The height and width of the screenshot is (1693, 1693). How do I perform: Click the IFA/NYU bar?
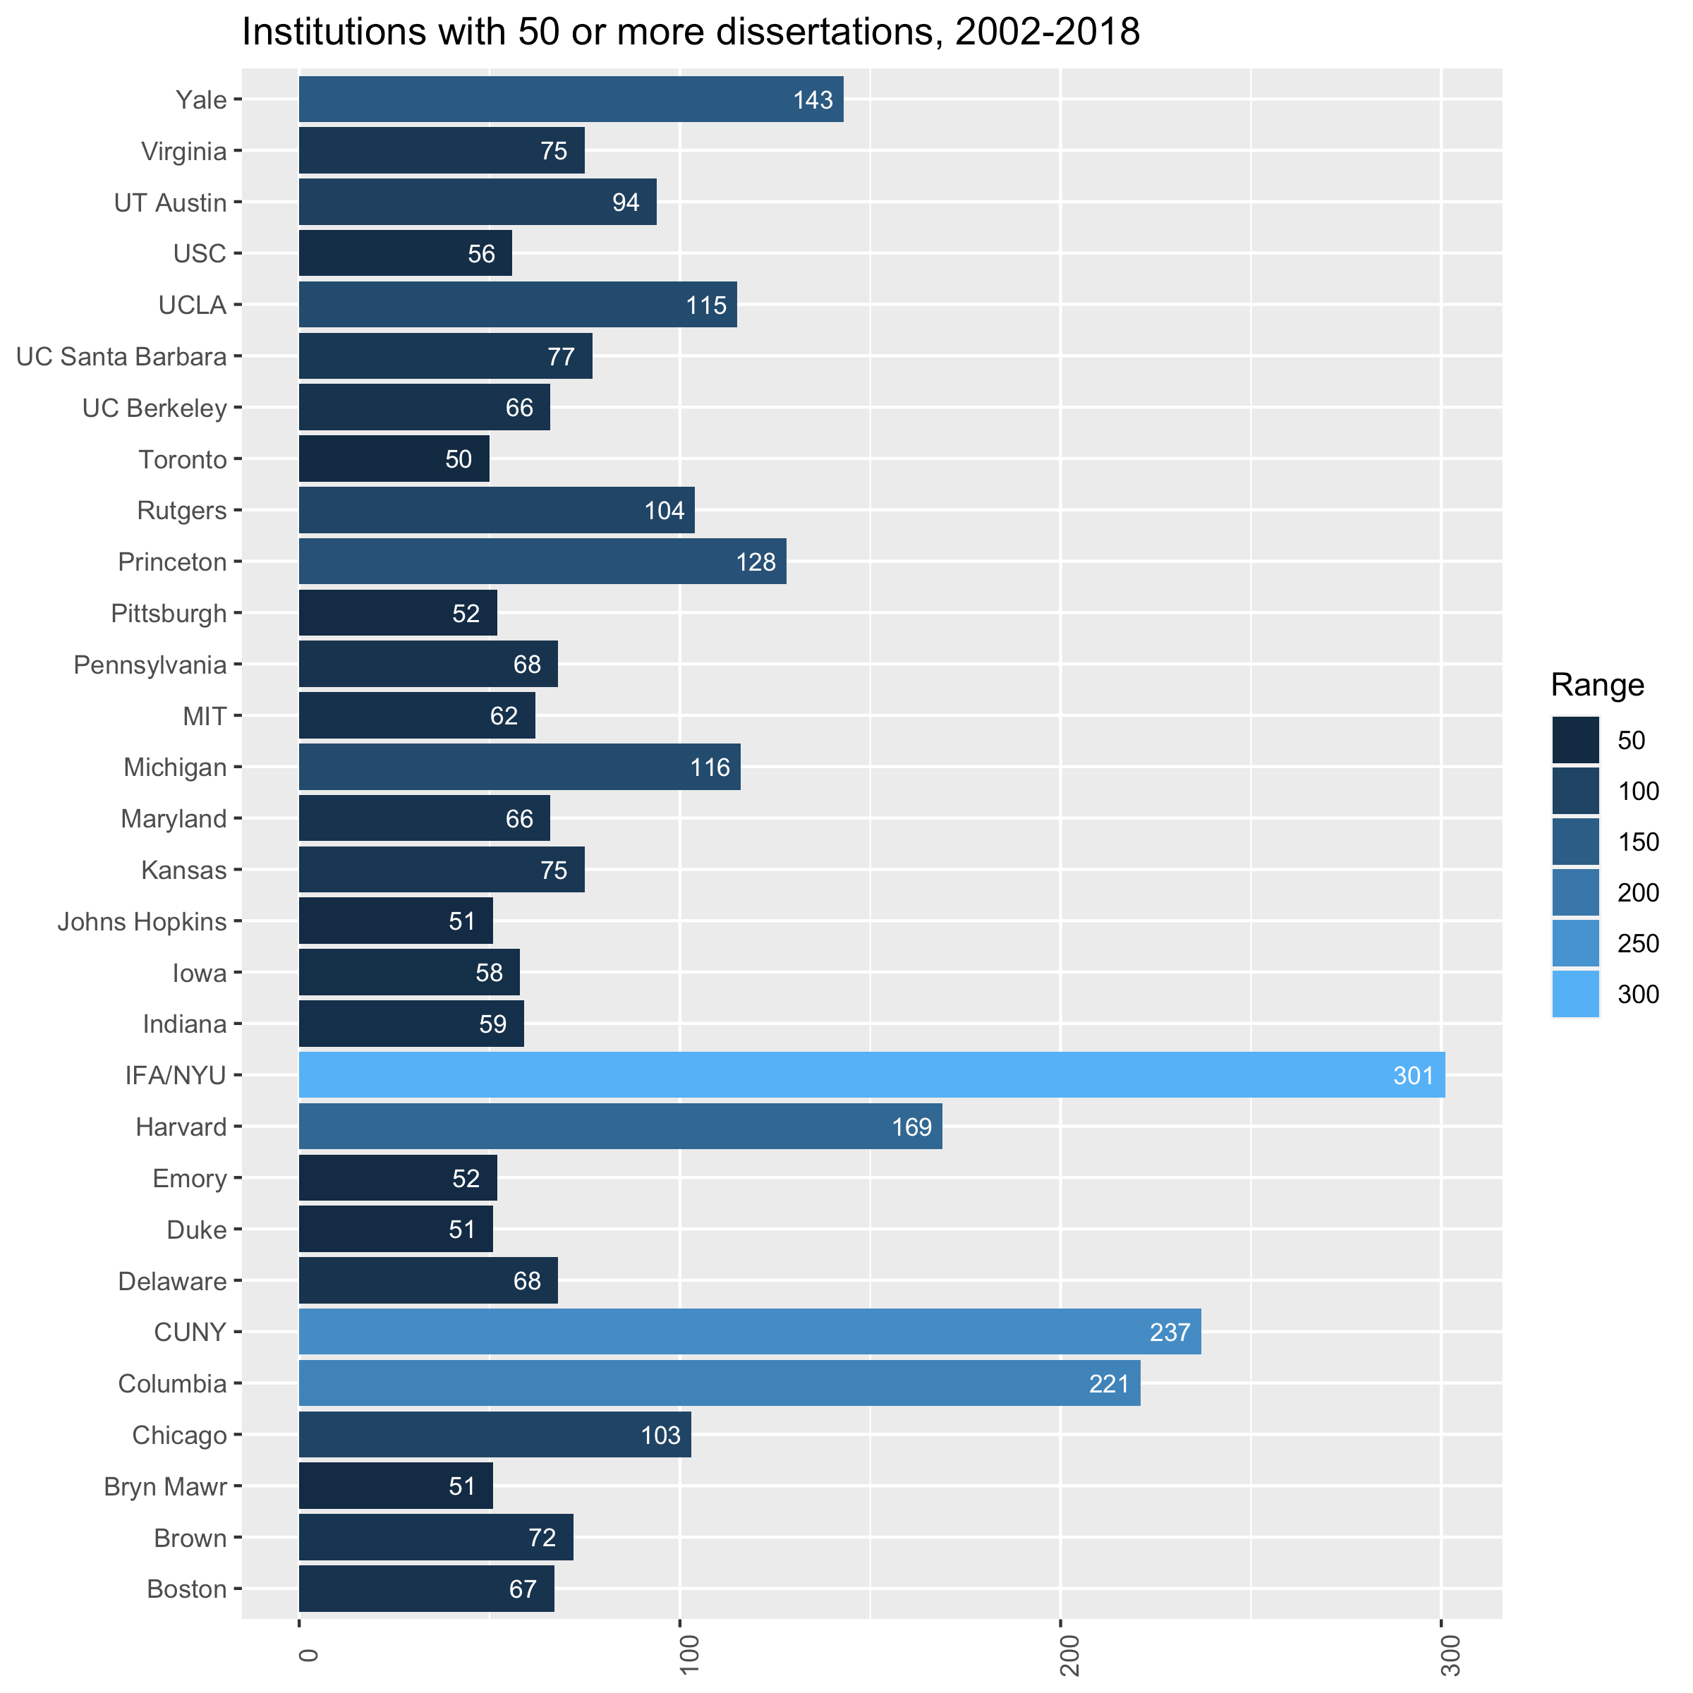click(x=871, y=1074)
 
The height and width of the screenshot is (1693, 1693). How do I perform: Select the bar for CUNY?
click(x=749, y=1332)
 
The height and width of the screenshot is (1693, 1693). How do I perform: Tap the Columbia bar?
click(x=719, y=1383)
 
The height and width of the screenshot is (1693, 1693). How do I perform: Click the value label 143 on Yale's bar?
click(x=813, y=100)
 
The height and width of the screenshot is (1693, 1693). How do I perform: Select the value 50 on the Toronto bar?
click(x=459, y=459)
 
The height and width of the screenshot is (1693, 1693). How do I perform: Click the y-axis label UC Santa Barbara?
click(x=122, y=357)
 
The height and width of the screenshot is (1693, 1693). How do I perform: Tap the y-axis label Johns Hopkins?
click(x=142, y=922)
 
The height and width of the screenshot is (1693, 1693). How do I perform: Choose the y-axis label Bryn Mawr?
click(x=166, y=1486)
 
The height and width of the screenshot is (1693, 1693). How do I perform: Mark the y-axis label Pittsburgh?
click(x=169, y=614)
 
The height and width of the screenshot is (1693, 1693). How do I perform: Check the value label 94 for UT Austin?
click(x=626, y=202)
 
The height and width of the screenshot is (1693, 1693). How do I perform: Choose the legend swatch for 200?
click(x=1574, y=892)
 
